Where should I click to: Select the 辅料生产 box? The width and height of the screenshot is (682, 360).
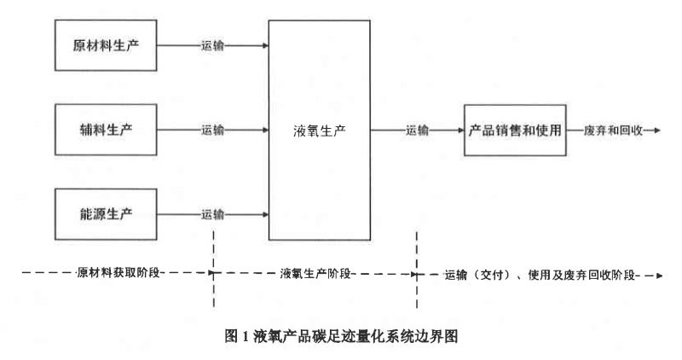107,130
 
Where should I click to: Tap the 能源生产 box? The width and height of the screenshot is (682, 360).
107,212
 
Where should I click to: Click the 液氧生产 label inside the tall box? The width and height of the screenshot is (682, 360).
320,131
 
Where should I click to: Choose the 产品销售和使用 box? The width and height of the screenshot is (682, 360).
515,131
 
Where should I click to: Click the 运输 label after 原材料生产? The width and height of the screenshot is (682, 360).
213,44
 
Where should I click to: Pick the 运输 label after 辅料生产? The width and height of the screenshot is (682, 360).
213,131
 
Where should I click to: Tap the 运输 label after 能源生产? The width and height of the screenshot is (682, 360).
213,212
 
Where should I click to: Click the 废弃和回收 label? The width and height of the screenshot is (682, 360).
610,131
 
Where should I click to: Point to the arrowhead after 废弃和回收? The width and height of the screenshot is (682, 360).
656,131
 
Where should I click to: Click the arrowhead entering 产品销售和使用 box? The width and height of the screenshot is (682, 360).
459,131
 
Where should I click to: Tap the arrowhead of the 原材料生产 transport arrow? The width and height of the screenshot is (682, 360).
263,44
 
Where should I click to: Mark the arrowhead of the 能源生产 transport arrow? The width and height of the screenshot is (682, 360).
263,212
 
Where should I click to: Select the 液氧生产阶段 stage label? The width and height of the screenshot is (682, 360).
317,275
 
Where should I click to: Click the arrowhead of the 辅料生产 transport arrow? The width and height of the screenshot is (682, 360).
263,131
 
